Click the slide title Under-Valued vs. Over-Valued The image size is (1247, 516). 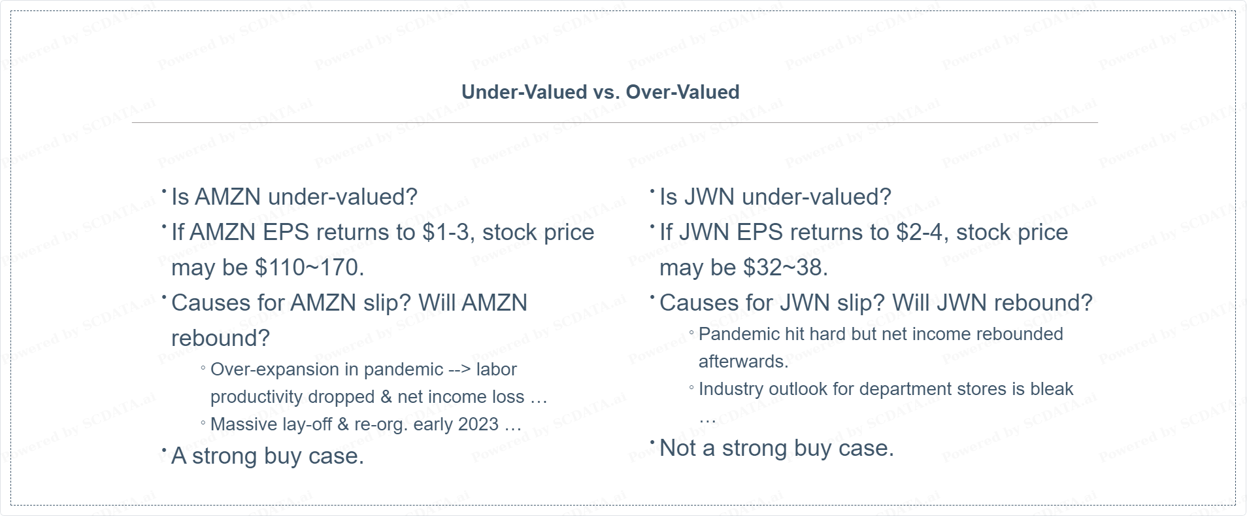pyautogui.click(x=600, y=92)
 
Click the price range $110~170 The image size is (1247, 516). pyautogui.click(x=310, y=267)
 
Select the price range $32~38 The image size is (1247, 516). pyautogui.click(x=786, y=267)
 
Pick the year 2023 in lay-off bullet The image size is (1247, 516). pyautogui.click(x=479, y=424)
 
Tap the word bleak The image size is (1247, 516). pyautogui.click(x=1052, y=389)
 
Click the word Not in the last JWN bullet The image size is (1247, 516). pyautogui.click(x=678, y=448)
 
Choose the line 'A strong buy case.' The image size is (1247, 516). pyautogui.click(x=267, y=456)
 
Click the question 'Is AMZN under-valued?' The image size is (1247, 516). pyautogui.click(x=294, y=197)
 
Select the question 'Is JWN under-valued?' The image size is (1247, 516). pyautogui.click(x=775, y=197)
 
